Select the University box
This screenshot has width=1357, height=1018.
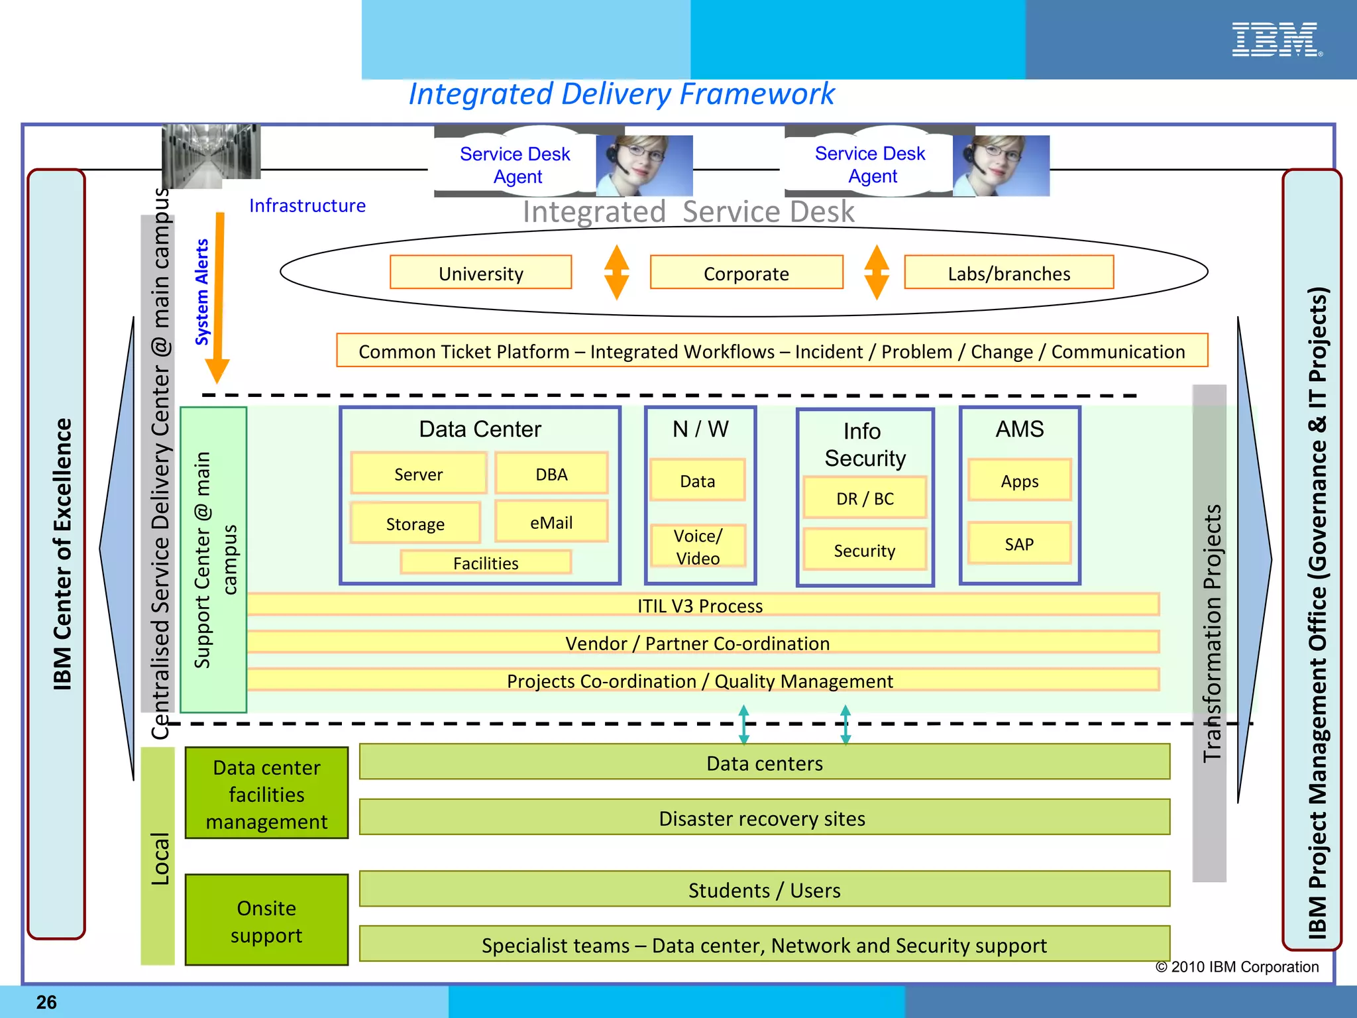point(480,272)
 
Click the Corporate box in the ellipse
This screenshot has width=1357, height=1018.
point(746,272)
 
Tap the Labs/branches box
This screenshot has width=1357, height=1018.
point(1008,272)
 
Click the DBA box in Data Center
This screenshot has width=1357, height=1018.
point(551,473)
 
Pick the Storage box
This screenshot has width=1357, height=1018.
point(415,524)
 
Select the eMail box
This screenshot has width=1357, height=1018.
point(551,522)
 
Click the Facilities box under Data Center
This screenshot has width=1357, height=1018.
point(486,563)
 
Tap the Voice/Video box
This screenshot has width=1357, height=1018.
point(698,546)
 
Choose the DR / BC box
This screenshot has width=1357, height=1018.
point(865,498)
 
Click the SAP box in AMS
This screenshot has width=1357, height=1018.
point(1019,543)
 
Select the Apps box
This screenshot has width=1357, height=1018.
point(1019,481)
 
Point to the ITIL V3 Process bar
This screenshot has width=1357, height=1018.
point(701,605)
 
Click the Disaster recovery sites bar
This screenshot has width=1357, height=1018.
point(764,818)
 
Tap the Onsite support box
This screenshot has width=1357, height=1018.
point(266,921)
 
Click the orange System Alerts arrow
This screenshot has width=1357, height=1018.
point(218,298)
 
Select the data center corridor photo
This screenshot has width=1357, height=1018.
point(211,156)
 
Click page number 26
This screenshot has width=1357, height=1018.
point(46,1002)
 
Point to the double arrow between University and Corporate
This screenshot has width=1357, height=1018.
point(616,272)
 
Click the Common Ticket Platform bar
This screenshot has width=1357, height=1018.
point(771,351)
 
